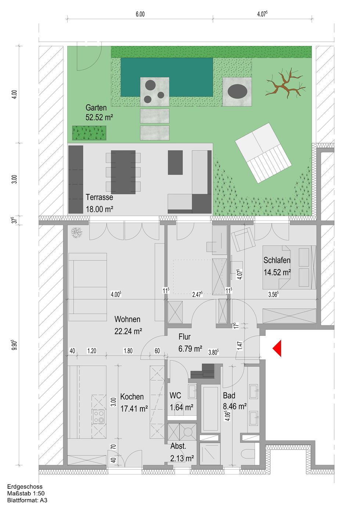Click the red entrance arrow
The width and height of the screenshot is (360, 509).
tap(277, 348)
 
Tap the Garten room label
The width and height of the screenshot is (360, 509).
tap(96, 107)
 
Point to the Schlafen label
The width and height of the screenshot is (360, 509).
tap(277, 260)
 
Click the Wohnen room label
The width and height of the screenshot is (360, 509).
tap(127, 319)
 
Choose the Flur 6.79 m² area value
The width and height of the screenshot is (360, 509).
tap(190, 348)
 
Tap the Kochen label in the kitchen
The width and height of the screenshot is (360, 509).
tap(132, 397)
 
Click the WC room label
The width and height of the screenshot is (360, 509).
tap(175, 395)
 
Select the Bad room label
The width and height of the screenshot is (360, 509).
tap(229, 395)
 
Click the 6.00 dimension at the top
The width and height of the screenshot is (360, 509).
tap(140, 14)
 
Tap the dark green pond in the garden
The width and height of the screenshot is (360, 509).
tap(167, 77)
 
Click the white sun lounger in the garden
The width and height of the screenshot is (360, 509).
tap(263, 153)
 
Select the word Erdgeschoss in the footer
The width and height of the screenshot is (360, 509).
tap(25, 487)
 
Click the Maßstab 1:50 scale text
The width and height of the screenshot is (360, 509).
tap(26, 493)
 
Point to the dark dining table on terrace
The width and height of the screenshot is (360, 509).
tap(123, 172)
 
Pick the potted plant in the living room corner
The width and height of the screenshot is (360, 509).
tap(76, 233)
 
